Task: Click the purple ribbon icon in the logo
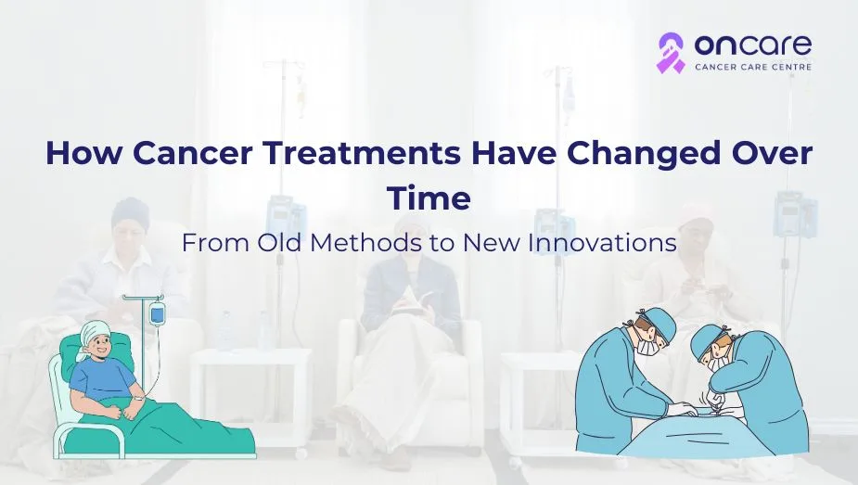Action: pyautogui.click(x=671, y=53)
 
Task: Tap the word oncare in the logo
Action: pyautogui.click(x=753, y=45)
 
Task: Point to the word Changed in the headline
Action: pyautogui.click(x=640, y=155)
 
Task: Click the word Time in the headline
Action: pyautogui.click(x=429, y=198)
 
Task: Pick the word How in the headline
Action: pyautogui.click(x=83, y=153)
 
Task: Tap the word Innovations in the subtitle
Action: pyautogui.click(x=602, y=243)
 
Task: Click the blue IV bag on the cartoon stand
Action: pyautogui.click(x=157, y=314)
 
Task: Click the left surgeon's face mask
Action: pyautogui.click(x=647, y=346)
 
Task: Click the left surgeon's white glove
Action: pyautogui.click(x=681, y=409)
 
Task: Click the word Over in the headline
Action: pyautogui.click(x=769, y=153)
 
